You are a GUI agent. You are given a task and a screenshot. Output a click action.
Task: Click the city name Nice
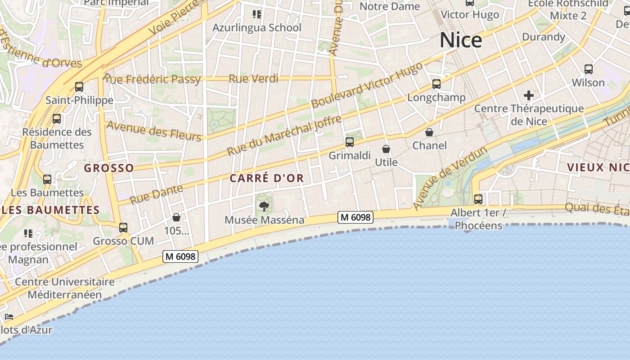460,40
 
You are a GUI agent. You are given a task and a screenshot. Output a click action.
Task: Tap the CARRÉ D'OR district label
267,178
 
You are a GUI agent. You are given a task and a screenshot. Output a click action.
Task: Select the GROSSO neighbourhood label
109,168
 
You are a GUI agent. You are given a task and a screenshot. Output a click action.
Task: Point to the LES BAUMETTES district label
50,210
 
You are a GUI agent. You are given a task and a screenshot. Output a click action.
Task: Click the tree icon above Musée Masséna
264,207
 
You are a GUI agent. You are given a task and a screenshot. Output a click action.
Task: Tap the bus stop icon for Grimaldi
350,142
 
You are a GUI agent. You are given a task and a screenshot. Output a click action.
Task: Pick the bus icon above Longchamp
436,84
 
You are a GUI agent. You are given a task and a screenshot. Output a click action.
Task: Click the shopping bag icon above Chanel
429,132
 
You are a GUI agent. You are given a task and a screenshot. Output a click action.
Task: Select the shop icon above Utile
386,149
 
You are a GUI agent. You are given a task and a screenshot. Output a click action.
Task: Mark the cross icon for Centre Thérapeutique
529,95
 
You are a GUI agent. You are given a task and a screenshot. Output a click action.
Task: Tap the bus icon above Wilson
588,69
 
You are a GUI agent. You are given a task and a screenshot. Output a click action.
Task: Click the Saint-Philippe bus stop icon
79,86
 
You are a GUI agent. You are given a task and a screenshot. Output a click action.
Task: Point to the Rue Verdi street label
253,79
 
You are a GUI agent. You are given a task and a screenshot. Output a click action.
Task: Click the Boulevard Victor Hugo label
367,85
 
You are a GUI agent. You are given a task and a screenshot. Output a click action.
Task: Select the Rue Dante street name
157,194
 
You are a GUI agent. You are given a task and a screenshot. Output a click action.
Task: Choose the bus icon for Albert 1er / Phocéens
478,199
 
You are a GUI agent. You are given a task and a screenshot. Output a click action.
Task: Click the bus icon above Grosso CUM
123,228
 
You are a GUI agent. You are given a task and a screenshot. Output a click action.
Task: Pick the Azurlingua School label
256,28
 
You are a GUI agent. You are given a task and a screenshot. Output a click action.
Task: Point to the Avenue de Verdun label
450,178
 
